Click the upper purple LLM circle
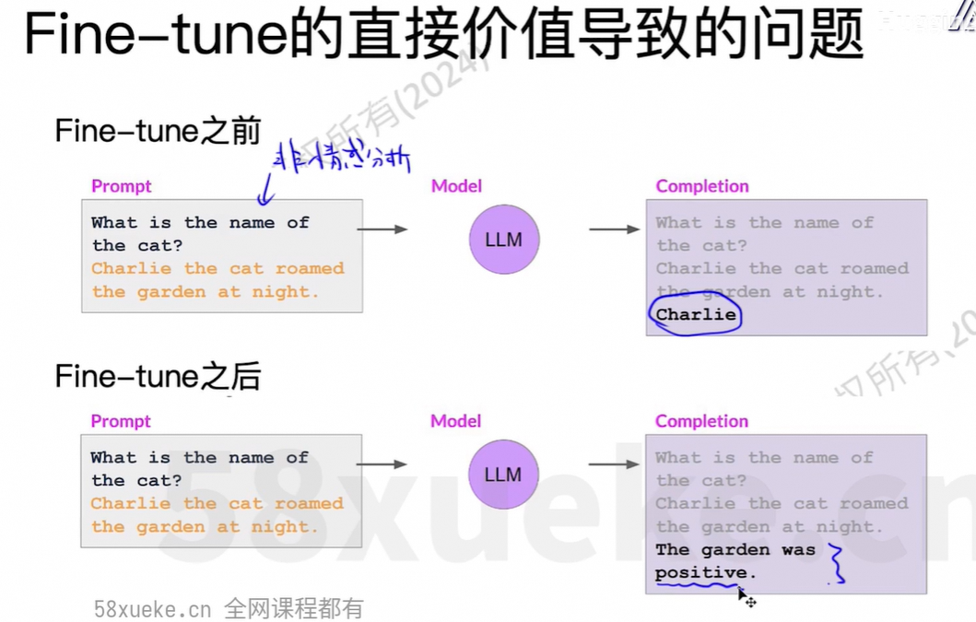tap(503, 240)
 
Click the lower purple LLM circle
tap(503, 475)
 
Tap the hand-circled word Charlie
tap(696, 315)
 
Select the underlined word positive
tap(700, 572)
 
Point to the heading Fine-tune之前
tap(158, 131)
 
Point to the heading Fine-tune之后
tap(158, 376)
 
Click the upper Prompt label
tap(121, 186)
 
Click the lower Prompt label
tap(121, 421)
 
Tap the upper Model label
tap(456, 186)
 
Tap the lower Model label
tap(456, 421)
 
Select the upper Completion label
tap(701, 186)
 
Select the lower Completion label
tap(701, 421)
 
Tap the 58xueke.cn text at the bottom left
tap(153, 609)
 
